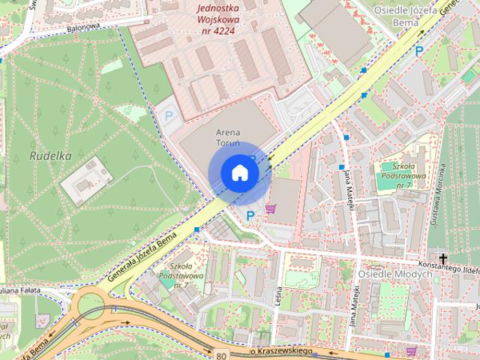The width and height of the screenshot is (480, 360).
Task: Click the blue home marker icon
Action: coord(239,172)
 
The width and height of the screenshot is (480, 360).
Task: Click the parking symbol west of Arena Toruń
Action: coord(169,116)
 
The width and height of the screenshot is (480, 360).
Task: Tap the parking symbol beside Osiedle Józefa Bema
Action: coord(419,51)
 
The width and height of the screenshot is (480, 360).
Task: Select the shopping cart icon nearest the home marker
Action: coord(270,210)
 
